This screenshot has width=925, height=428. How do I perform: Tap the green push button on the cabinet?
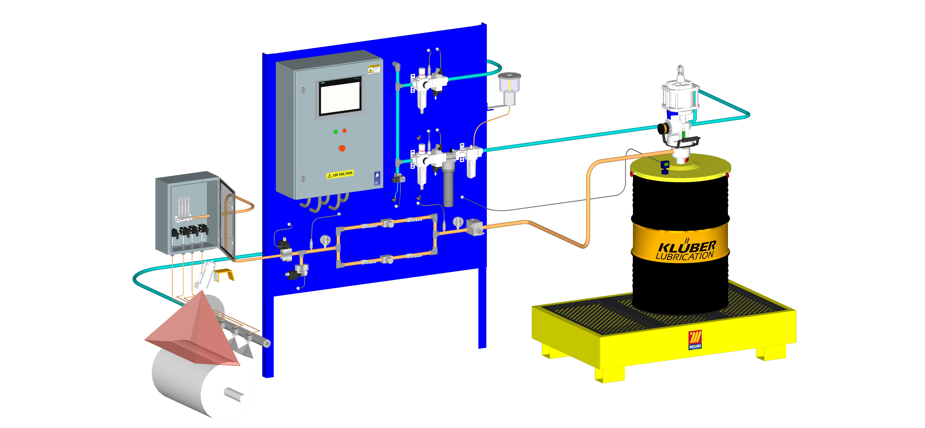pos(335,132)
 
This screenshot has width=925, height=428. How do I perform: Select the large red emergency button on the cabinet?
pos(342,148)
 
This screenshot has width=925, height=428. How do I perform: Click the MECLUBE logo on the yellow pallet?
pos(695,340)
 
